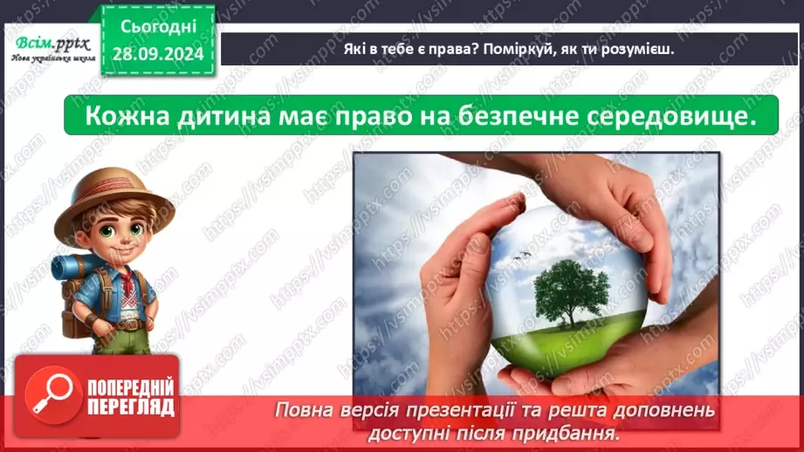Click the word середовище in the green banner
pyautogui.click(x=673, y=115)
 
